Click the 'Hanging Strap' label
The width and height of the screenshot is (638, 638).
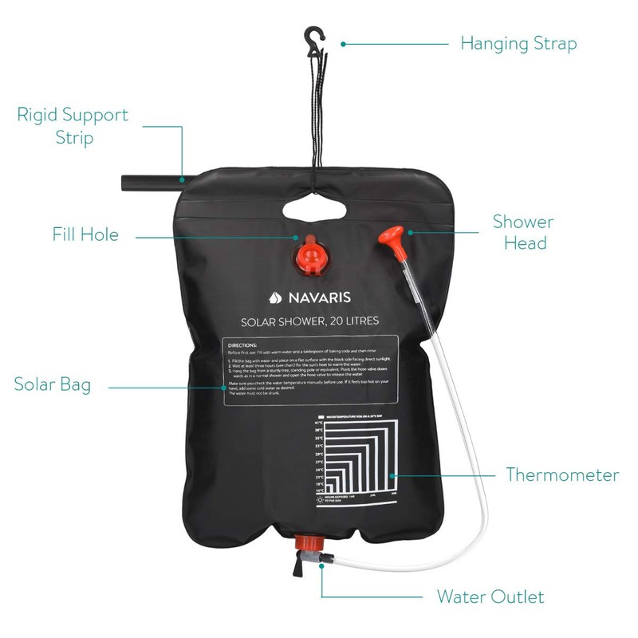click(518, 43)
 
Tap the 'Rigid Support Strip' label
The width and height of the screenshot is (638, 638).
click(73, 125)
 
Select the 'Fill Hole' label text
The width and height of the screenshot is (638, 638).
click(85, 234)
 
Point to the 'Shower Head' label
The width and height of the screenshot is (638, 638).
click(522, 231)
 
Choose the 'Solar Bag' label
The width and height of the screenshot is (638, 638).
click(52, 384)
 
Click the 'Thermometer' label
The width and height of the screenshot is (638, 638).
click(562, 475)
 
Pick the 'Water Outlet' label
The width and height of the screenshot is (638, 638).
click(490, 597)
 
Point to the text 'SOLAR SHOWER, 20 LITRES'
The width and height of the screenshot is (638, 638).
click(309, 322)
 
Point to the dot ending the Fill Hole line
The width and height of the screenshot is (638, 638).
click(297, 236)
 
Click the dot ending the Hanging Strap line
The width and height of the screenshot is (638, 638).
click(343, 43)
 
